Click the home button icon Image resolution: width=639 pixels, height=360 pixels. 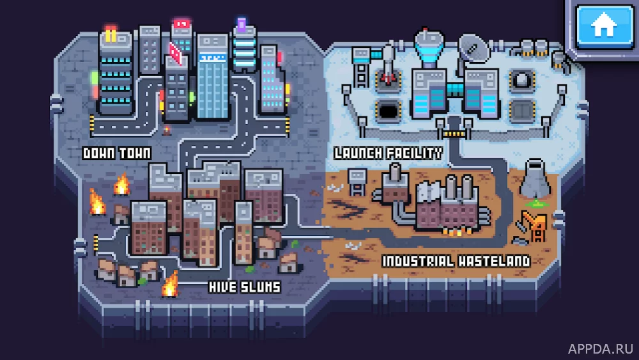604,26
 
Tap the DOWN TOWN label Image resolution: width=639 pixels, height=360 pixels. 117,153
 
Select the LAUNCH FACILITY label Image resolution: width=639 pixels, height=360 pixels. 388,153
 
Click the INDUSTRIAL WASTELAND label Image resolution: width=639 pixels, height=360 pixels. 456,261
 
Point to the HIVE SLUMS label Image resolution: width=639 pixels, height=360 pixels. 245,287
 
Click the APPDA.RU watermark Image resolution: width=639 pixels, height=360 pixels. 600,349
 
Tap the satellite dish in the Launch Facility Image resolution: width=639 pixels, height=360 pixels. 474,49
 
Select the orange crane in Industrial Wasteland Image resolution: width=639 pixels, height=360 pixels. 533,226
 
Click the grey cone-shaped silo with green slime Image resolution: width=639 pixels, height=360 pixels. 535,180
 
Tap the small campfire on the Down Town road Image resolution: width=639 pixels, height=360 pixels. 167,130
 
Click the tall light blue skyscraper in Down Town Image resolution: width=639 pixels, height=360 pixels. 212,77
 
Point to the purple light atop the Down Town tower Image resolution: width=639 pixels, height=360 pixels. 242,24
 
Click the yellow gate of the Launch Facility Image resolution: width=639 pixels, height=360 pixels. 454,134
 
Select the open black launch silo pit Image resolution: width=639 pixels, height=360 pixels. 388,110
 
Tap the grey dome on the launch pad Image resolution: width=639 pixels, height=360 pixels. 522,81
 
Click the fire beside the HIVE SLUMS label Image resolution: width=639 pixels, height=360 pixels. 171,284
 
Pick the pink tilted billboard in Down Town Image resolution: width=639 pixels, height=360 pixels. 176,54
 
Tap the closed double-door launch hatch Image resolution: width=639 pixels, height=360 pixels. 522,111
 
